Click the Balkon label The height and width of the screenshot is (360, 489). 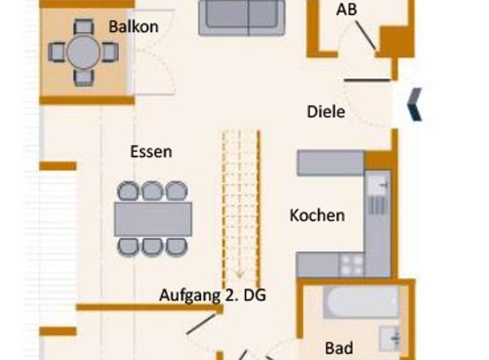[133, 27]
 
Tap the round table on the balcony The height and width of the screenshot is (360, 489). [83, 52]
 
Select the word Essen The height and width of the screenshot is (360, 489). [151, 151]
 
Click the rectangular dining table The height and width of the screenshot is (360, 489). [153, 219]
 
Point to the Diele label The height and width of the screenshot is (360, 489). [326, 111]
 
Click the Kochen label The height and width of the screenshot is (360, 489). [317, 215]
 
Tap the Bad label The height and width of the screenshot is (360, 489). [339, 348]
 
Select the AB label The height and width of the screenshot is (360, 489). [346, 10]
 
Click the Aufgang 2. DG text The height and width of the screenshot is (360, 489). [213, 295]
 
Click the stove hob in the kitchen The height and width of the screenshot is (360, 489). [352, 264]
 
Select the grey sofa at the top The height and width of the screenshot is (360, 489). [241, 17]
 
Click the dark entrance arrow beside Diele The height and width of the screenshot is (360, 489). [414, 105]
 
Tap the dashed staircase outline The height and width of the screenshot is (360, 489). [241, 204]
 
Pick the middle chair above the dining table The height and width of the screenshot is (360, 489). [152, 191]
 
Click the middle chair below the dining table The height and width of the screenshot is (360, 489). [152, 246]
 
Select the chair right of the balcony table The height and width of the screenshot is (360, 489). [110, 52]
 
